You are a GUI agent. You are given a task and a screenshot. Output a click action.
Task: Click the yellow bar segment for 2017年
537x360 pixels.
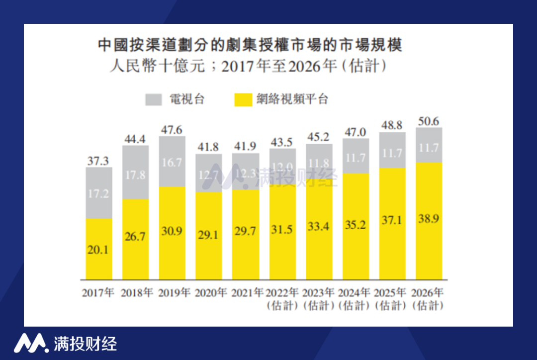click(98, 249)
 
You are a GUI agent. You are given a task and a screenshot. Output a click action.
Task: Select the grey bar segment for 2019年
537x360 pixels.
click(172, 162)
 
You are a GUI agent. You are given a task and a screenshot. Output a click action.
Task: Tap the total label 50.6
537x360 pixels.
click(429, 121)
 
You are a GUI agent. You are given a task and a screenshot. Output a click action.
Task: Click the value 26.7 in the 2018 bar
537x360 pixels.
click(135, 236)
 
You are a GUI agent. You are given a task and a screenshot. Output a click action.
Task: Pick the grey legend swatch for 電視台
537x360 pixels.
click(154, 99)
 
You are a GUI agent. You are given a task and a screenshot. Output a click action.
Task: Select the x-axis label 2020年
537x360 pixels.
click(209, 292)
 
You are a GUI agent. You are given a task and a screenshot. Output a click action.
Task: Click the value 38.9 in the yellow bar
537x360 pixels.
click(429, 218)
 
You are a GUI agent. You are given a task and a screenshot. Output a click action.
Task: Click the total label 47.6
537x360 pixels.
click(172, 130)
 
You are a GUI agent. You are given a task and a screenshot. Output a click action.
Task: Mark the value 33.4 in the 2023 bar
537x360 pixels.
click(319, 227)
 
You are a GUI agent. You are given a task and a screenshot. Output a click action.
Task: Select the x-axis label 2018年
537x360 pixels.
click(135, 292)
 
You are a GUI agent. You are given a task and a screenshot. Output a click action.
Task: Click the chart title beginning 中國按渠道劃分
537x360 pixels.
click(250, 46)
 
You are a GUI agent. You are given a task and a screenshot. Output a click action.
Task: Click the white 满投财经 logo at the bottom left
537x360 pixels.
click(65, 343)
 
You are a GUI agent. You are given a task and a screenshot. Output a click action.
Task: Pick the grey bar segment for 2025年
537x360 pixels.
click(392, 150)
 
